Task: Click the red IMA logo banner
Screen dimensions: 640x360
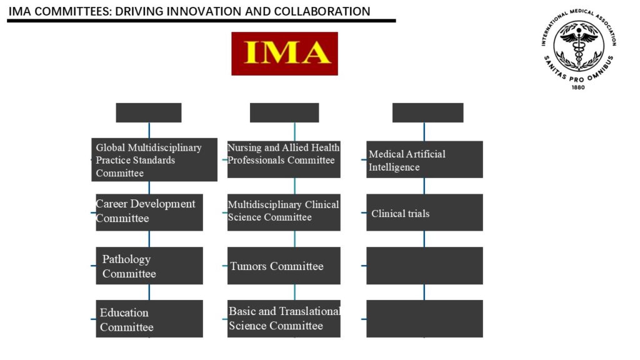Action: coord(284,54)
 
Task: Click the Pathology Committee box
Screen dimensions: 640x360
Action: coord(149,266)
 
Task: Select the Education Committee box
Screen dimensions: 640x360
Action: coord(149,319)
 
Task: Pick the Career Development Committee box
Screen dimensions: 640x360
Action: coord(149,212)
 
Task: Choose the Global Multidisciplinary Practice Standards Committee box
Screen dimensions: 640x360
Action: coord(154,159)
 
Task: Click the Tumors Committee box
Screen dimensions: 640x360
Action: coord(284,266)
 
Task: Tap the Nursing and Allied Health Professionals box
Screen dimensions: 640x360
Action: coord(284,159)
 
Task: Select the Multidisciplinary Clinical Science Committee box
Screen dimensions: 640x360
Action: coord(284,212)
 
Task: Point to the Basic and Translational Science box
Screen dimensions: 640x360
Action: coord(284,319)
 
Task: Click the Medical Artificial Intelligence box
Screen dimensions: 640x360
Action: coord(424,159)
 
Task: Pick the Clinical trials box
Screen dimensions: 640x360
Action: coord(424,212)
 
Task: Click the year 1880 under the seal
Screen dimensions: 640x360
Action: coord(578,87)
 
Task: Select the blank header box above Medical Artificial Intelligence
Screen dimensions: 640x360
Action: coord(427,112)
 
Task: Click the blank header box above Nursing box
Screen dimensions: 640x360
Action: coord(284,112)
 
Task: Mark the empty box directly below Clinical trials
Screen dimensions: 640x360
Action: coord(424,266)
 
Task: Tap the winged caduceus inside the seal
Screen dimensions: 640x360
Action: coord(579,44)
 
